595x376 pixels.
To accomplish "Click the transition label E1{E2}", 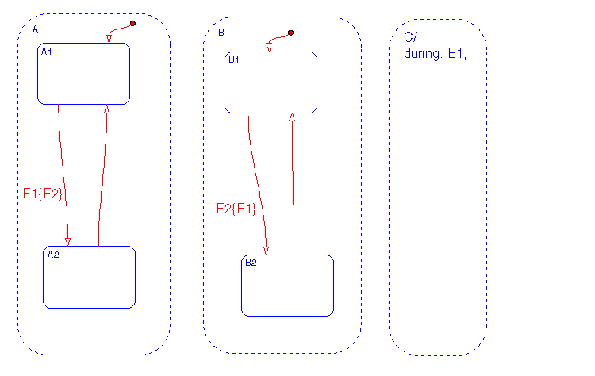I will (x=43, y=193).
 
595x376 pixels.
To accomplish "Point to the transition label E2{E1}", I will (x=236, y=209).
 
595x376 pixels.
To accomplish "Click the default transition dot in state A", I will (x=132, y=23).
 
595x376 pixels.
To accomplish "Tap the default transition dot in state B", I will (x=291, y=33).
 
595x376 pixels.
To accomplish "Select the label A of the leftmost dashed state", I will (x=35, y=29).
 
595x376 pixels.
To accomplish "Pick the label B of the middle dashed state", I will (x=221, y=33).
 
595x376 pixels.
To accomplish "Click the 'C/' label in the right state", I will (x=409, y=38).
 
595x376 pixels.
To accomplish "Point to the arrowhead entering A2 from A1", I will (x=68, y=241).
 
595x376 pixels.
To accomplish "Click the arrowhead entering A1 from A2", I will (x=106, y=109).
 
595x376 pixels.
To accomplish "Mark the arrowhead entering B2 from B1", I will (x=267, y=250).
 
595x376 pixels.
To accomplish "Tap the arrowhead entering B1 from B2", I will (x=292, y=117).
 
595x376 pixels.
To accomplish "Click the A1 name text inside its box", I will (x=46, y=52).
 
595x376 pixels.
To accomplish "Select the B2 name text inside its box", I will (x=250, y=263).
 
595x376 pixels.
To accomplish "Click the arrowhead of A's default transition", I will (x=109, y=39).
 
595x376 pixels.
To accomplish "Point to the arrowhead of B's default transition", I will (x=269, y=48).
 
